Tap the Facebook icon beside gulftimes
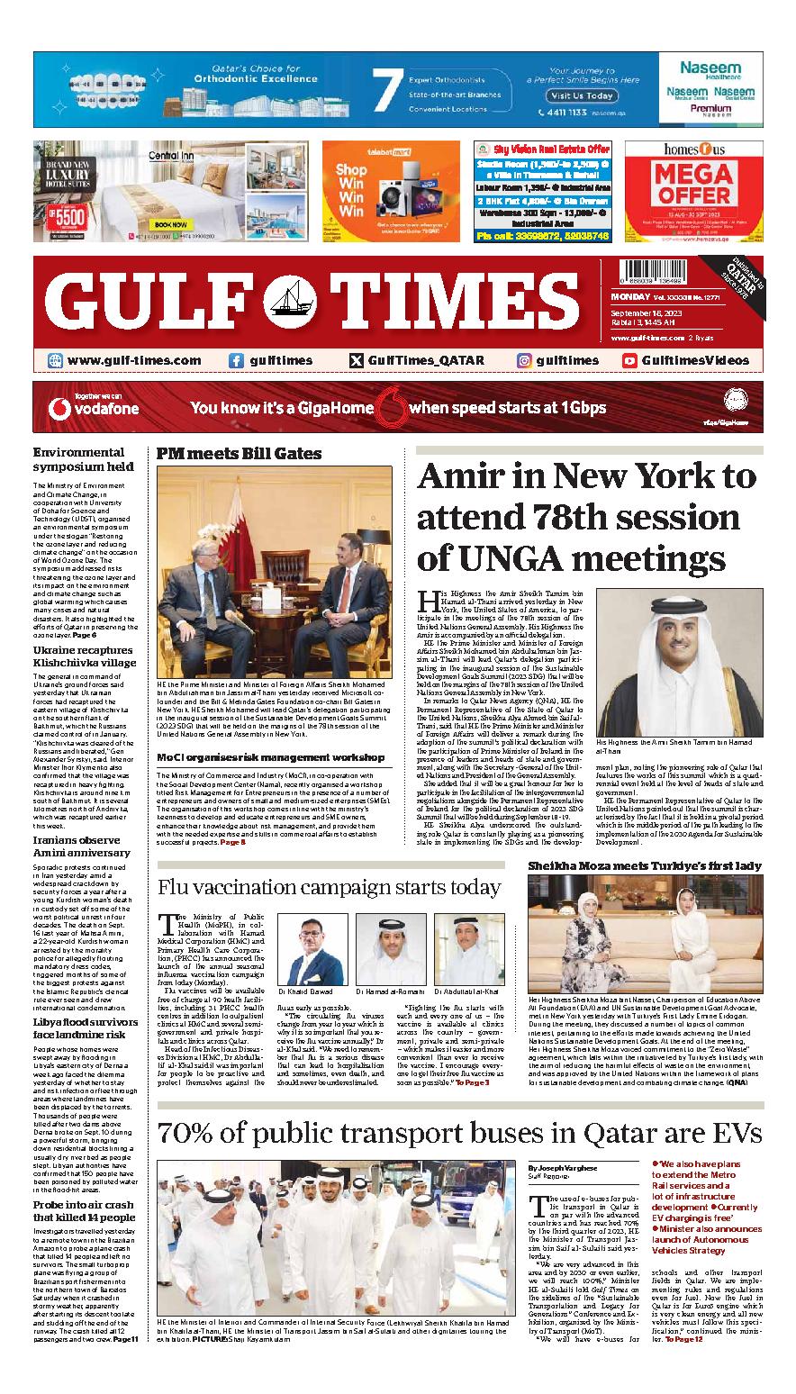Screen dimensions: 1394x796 click(x=236, y=360)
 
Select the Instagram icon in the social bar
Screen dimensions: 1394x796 click(x=523, y=360)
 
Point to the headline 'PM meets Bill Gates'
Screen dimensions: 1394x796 click(x=226, y=452)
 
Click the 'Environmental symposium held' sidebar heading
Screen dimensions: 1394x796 click(x=83, y=459)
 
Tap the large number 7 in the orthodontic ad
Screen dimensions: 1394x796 click(x=387, y=92)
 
